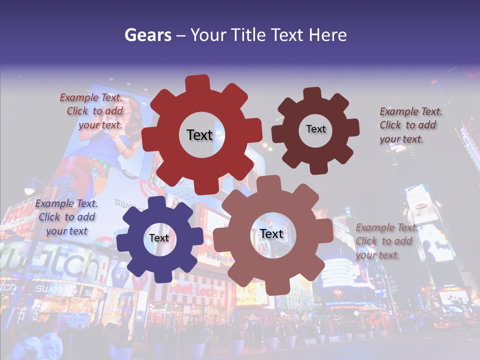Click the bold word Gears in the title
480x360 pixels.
(148, 35)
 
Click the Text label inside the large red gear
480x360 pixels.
(199, 135)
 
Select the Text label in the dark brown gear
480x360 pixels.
(315, 129)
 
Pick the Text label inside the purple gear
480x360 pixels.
(159, 238)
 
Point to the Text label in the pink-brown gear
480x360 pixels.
(271, 234)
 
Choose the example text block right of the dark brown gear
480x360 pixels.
(410, 125)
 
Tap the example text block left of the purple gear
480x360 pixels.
(66, 217)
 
